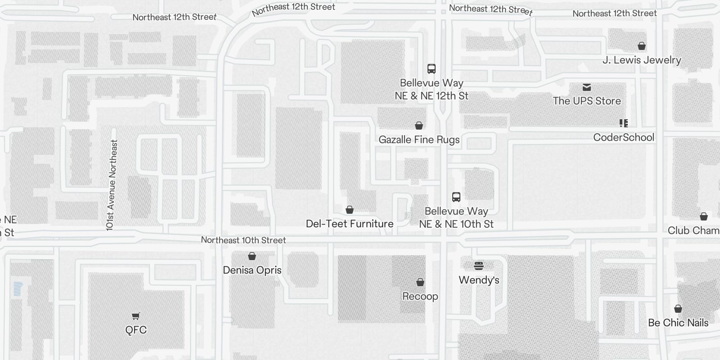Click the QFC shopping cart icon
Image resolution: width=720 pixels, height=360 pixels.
tap(135, 316)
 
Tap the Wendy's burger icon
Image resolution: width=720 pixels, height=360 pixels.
tap(479, 265)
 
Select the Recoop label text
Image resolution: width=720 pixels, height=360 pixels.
tap(420, 296)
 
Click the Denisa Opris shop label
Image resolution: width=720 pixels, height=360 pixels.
tap(252, 270)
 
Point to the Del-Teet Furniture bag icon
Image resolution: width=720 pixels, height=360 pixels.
tap(349, 210)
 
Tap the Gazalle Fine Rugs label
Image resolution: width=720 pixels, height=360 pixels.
tap(419, 139)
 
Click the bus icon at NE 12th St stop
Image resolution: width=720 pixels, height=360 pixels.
tap(432, 69)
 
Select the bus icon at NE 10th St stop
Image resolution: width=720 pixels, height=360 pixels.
tap(456, 197)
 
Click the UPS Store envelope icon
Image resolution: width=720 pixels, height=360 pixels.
tap(587, 87)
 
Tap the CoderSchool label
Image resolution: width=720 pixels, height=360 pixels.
tap(623, 137)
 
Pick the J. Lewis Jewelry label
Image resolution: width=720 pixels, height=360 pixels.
tap(641, 60)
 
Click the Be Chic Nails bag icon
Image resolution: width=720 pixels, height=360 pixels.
tap(678, 309)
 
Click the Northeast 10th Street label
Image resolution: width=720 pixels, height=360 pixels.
tap(243, 240)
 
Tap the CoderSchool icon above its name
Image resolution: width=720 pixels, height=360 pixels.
tap(623, 123)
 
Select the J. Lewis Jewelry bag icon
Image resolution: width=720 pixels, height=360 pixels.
tap(642, 46)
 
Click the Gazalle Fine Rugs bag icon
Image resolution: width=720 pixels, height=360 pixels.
tap(419, 126)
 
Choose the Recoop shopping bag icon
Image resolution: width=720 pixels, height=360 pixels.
tap(420, 282)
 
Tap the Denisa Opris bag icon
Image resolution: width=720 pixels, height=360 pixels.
tap(252, 256)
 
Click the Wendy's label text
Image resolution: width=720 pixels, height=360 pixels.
tap(479, 280)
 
